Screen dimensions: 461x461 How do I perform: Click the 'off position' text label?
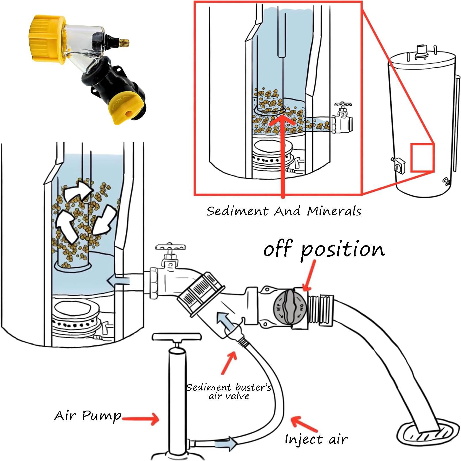tap(324, 250)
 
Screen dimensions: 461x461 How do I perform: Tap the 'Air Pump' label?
tap(88, 416)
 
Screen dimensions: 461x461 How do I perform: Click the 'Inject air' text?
tap(316, 439)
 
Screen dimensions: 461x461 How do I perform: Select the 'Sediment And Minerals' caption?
tap(284, 211)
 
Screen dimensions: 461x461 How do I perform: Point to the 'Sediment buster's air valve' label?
tap(228, 391)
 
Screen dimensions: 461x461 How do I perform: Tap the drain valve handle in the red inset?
tap(342, 105)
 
